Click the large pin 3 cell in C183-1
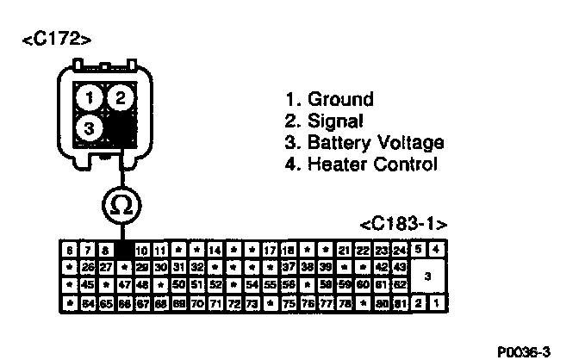click(x=428, y=276)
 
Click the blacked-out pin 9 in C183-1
click(x=122, y=250)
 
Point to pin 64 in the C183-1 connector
click(x=86, y=303)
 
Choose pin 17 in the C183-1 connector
click(x=271, y=250)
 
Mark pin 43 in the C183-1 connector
click(x=400, y=268)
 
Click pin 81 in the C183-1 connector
click(x=400, y=303)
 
